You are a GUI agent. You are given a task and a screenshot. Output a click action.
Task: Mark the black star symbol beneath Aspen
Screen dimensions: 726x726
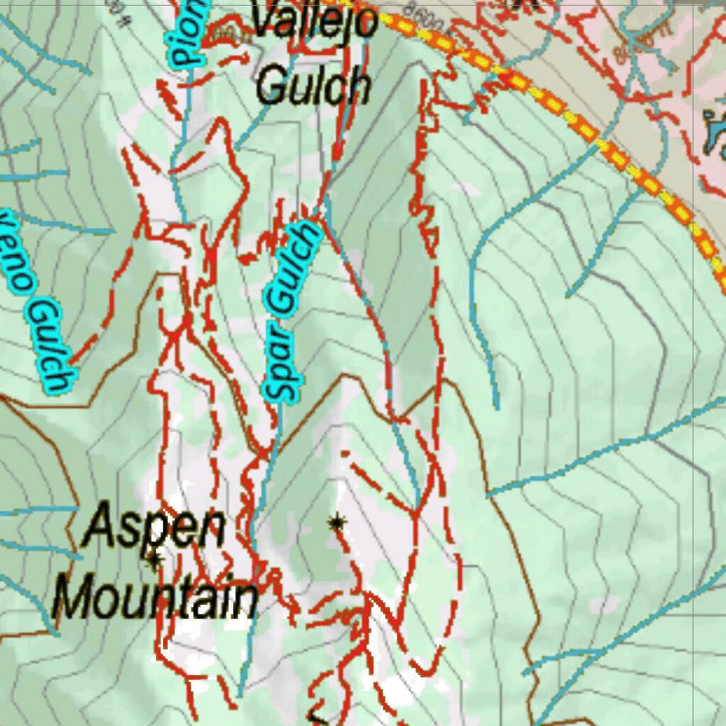154,562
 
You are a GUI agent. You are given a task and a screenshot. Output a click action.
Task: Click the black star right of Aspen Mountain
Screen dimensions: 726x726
337,524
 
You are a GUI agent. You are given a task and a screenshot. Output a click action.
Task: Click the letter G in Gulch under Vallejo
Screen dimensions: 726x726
270,86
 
